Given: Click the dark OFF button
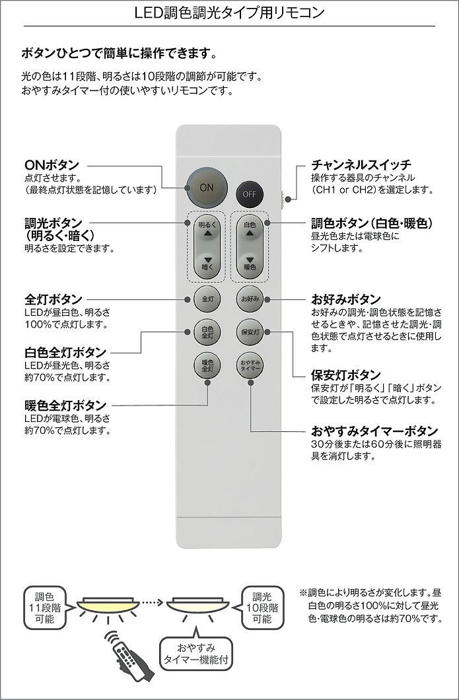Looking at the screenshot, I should point(249,193).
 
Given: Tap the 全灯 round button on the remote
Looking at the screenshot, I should point(207,299).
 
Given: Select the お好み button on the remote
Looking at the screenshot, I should point(250,299).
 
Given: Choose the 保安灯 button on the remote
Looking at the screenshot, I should point(250,332).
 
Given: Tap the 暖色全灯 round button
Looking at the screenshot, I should point(207,365).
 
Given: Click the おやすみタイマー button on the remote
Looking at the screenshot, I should point(250,365).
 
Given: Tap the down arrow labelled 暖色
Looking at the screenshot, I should point(250,262).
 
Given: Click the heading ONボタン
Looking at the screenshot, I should point(52,164).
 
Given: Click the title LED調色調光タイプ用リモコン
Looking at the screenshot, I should point(229,13).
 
